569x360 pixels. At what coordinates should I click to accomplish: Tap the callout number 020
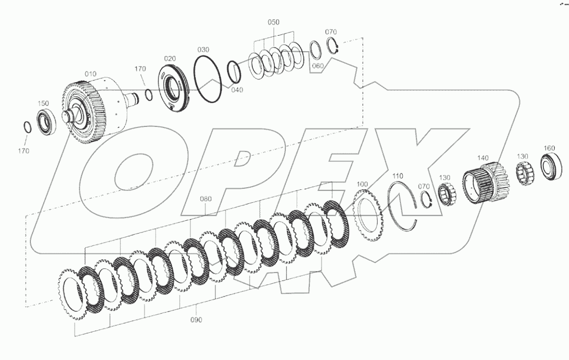pos(170,58)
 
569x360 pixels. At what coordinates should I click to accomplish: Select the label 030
pos(203,50)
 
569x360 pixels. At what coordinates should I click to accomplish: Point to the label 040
pos(237,90)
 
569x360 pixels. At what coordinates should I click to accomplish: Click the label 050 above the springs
pos(273,22)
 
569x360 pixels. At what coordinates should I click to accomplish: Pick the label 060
pos(318,66)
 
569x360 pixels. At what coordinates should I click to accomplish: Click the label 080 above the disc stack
pos(206,199)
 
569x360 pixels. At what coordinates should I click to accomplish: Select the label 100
pos(363,184)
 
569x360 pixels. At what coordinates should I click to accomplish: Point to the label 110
pos(398,175)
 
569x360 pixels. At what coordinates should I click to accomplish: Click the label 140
pos(482,158)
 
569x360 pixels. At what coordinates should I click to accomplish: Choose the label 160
pos(549,148)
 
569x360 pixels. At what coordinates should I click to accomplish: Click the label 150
pos(43,103)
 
